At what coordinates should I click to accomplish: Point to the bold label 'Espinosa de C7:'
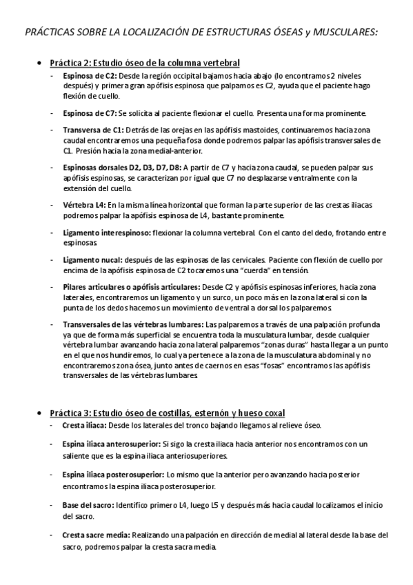click(90, 113)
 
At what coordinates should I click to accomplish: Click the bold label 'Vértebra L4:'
click(84, 204)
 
